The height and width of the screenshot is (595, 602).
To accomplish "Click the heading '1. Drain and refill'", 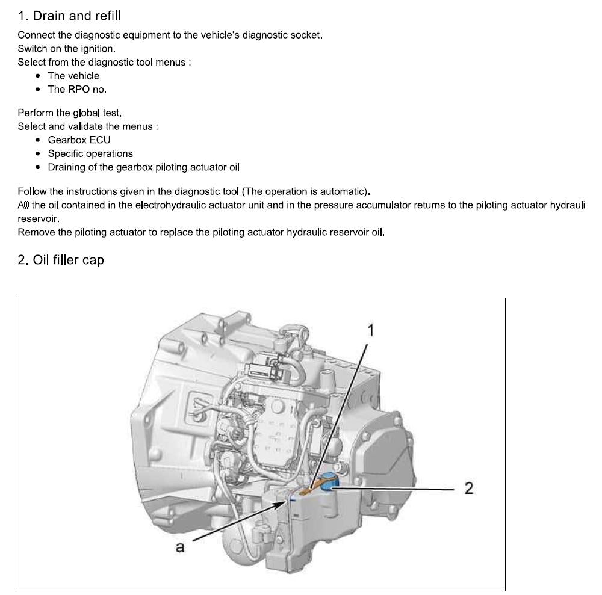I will click(69, 15).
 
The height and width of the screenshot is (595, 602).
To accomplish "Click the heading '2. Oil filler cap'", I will click(61, 260).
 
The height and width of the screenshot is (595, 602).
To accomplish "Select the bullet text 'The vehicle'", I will click(73, 76).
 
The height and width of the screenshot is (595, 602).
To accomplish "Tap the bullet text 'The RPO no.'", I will click(77, 89).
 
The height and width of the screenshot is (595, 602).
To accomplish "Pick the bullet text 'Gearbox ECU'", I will click(79, 140).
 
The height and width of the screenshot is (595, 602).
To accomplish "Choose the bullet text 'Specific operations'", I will click(90, 153).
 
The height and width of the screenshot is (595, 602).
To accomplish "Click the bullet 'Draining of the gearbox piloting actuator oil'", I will click(143, 167).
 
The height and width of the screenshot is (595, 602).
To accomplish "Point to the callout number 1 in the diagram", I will click(371, 330).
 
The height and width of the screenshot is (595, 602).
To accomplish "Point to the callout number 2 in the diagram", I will click(469, 489).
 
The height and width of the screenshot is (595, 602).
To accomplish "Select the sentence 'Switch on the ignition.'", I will click(66, 49).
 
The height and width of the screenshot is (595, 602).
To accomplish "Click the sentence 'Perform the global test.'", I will click(70, 113).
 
